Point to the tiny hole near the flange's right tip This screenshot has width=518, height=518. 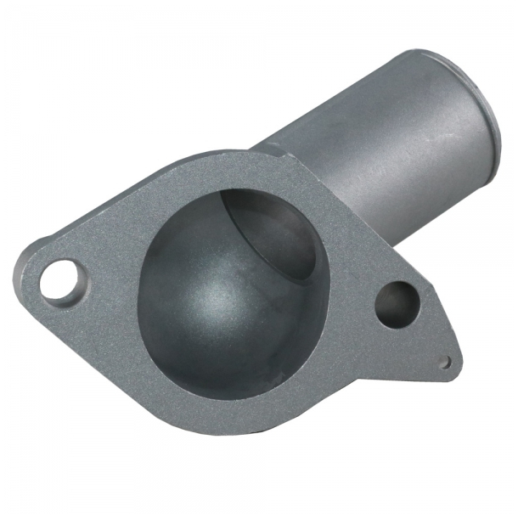click(443, 361)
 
